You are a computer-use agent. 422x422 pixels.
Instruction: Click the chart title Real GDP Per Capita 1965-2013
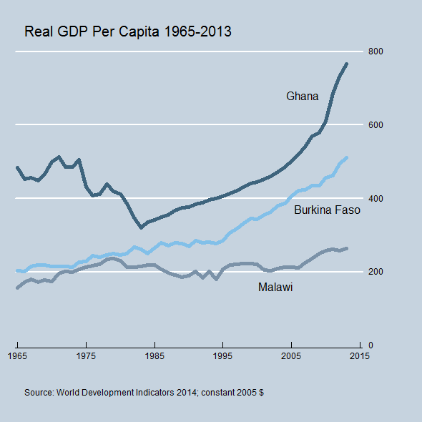128,32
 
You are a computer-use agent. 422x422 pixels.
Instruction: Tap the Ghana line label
302,96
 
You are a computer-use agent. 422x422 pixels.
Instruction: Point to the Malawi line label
275,287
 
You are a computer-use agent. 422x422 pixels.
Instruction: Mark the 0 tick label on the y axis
371,345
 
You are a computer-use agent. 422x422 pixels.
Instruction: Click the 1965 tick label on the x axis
17,355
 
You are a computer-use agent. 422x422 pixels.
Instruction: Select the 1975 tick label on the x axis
86,355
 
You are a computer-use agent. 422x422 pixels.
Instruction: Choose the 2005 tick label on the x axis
291,355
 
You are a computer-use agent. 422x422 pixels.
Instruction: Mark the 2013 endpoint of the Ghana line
346,64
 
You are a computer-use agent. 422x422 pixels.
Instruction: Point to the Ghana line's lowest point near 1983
141,227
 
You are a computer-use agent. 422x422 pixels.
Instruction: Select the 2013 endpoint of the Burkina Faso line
346,157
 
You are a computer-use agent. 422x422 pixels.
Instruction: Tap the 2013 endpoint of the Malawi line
346,248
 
